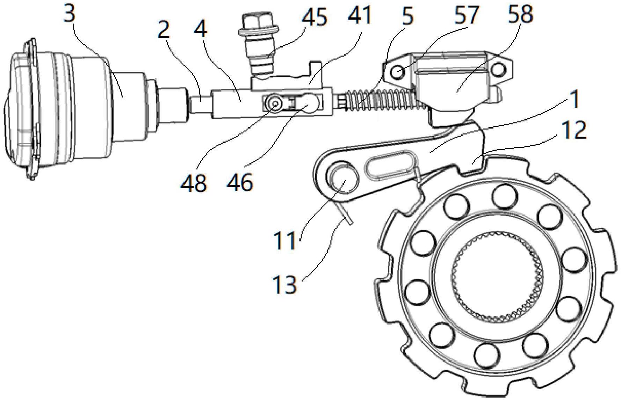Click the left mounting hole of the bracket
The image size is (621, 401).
pyautogui.click(x=399, y=72)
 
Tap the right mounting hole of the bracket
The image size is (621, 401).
pyautogui.click(x=498, y=70)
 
